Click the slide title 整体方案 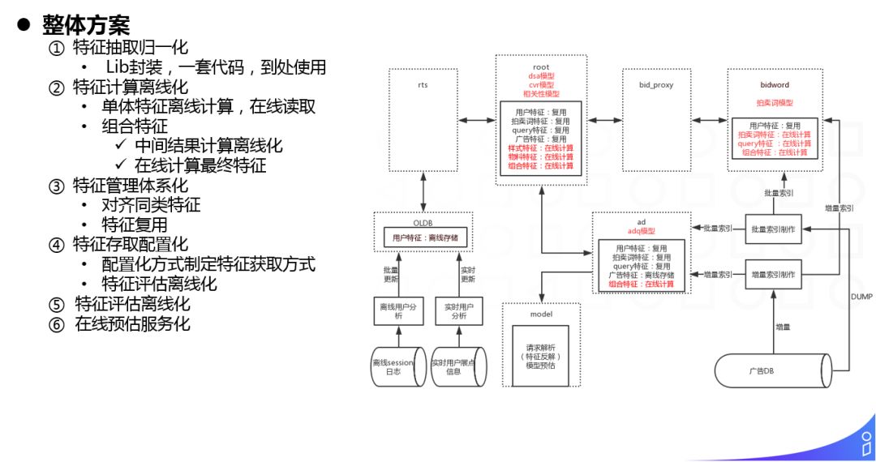tap(85, 24)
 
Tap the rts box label tap(423, 83)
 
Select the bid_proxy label tap(657, 83)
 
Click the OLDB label tap(423, 222)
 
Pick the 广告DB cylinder tap(774, 371)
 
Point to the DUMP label tap(861, 297)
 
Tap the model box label tap(540, 314)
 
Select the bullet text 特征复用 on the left tap(134, 225)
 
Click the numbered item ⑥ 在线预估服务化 tap(122, 324)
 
